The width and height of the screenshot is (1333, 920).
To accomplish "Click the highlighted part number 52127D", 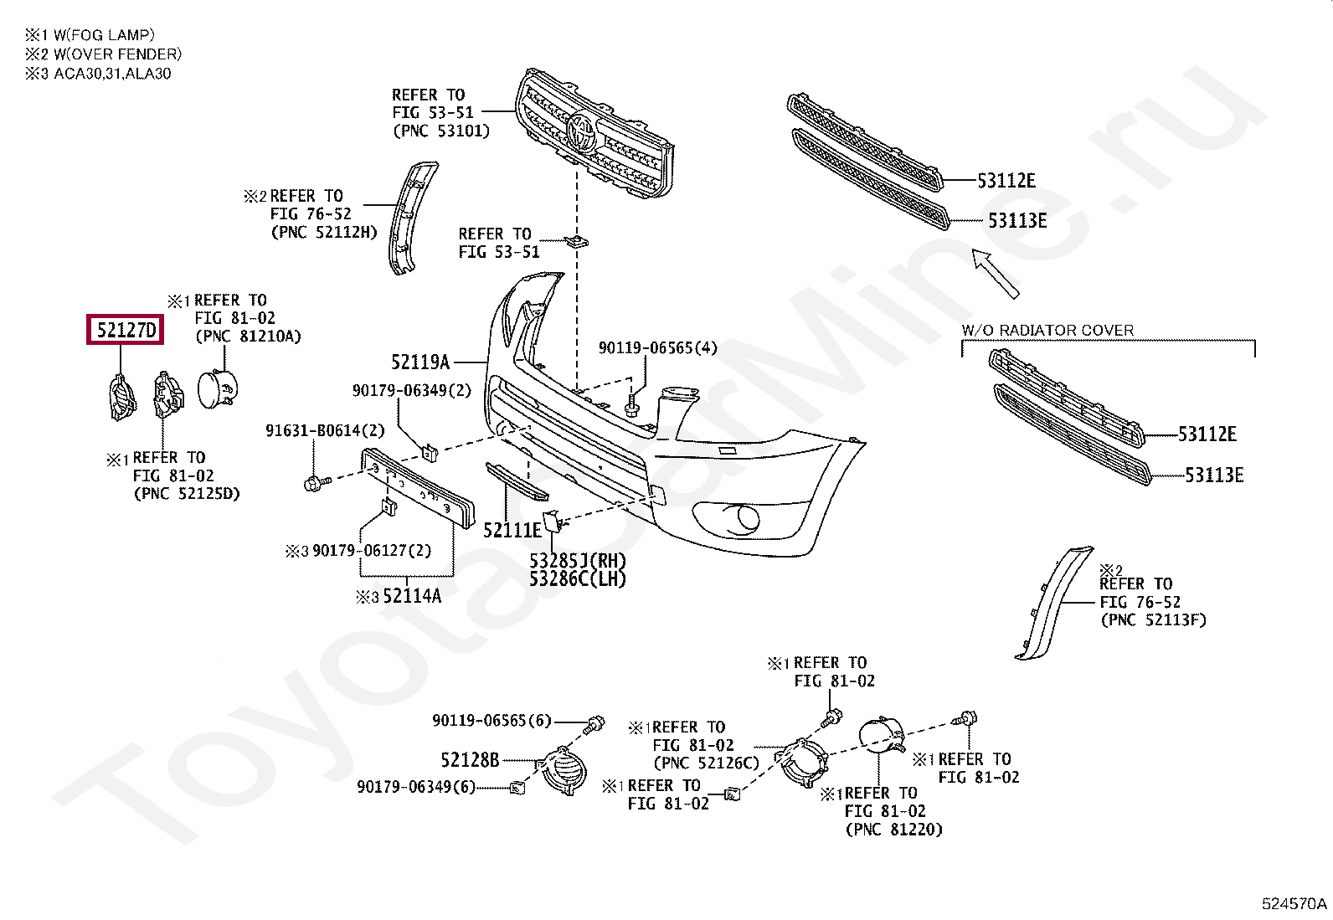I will [x=126, y=330].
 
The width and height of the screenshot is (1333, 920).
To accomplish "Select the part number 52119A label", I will [x=419, y=362].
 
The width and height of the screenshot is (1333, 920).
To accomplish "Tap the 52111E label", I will [x=512, y=530].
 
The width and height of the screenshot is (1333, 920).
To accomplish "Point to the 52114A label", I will [x=411, y=596].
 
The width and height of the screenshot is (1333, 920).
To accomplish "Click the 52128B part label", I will [x=470, y=759].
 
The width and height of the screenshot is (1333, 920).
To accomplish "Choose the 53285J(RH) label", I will [x=578, y=560].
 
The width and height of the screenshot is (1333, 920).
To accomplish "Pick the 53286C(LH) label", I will [x=578, y=578].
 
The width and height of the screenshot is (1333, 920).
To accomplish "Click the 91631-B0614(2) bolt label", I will [x=325, y=430].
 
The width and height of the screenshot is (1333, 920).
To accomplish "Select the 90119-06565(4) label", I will [x=657, y=347].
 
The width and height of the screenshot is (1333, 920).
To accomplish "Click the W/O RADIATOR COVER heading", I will [x=1047, y=330].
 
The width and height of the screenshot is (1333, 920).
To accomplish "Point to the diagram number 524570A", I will [x=1294, y=903].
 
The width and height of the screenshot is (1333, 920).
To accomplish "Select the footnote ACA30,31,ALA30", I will [x=112, y=74].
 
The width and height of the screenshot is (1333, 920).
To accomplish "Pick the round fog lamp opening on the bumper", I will [x=744, y=519].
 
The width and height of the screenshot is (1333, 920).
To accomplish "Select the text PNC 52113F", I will [x=1153, y=620].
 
